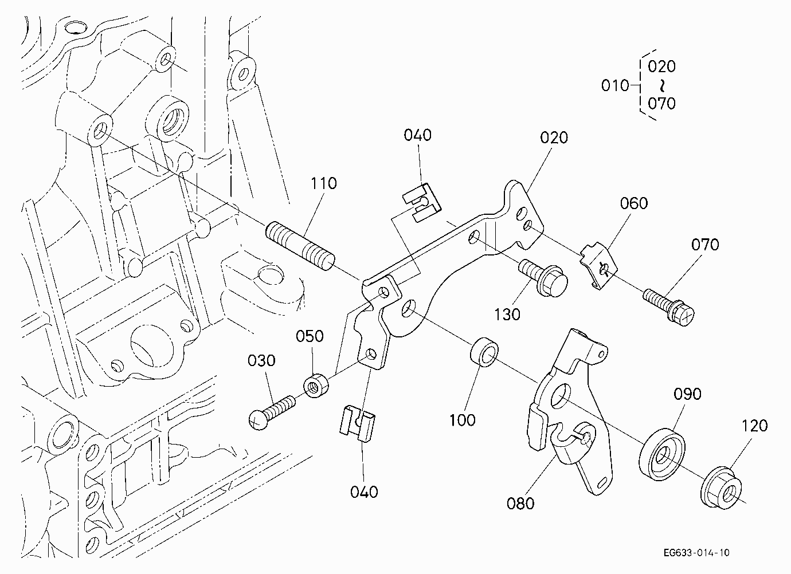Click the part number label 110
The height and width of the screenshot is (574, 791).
tap(323, 183)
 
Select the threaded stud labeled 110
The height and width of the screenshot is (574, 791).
tap(300, 246)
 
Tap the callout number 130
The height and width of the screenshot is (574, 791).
tap(507, 314)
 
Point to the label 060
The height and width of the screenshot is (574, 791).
tap(634, 203)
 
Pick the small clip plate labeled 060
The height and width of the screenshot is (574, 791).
tap(598, 265)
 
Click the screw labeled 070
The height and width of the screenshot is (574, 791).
tap(668, 307)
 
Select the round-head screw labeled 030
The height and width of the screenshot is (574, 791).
tap(272, 412)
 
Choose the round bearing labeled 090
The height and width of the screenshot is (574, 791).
tap(662, 454)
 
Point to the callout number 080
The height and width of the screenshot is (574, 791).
tap(520, 504)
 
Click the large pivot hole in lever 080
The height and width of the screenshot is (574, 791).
tap(561, 396)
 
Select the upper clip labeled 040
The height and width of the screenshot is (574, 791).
tap(422, 203)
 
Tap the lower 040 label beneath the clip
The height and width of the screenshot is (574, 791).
tap(364, 492)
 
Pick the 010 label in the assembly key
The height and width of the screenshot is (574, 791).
tap(615, 86)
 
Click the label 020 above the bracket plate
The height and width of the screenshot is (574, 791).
tap(554, 137)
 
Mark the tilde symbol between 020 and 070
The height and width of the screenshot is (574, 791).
tap(662, 85)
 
